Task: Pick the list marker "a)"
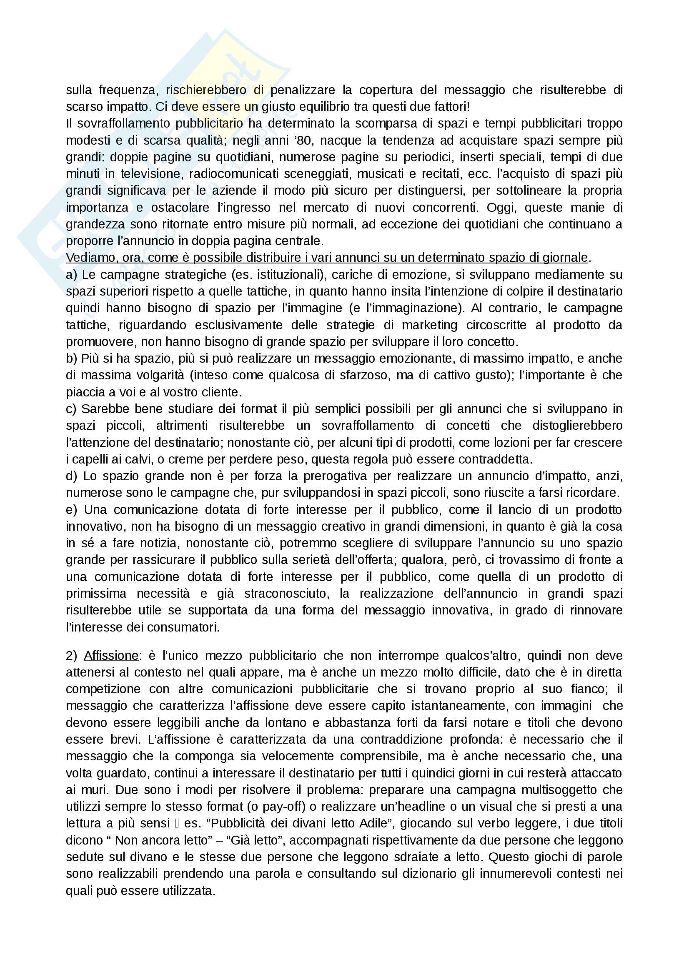(71, 275)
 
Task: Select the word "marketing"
(430, 325)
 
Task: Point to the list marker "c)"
(71, 409)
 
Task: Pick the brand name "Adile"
(373, 823)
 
